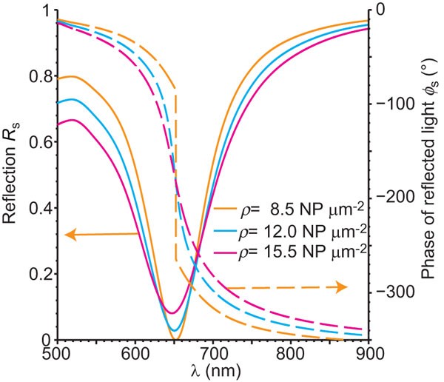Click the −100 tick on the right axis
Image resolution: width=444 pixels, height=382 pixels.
(x=392, y=103)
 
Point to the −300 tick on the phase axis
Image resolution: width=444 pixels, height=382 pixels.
(x=392, y=292)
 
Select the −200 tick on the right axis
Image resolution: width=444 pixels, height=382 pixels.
(x=392, y=198)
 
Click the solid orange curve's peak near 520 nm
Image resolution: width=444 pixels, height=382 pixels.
(x=70, y=76)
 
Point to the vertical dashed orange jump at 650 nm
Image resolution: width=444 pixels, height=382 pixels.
(x=175, y=178)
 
